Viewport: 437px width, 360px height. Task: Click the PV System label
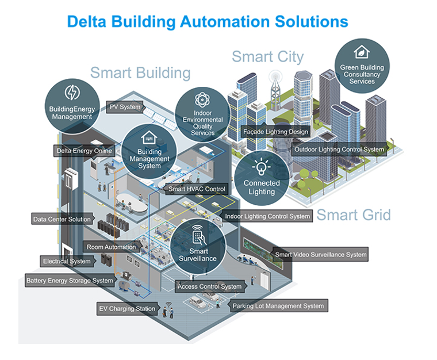click(x=125, y=106)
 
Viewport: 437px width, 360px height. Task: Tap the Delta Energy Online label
click(x=84, y=151)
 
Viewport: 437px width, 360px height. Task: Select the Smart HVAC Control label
click(x=197, y=189)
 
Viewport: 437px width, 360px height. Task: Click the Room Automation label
click(x=112, y=247)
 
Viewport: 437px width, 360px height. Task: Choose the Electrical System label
click(x=67, y=261)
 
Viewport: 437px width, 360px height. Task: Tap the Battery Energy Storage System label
click(x=70, y=281)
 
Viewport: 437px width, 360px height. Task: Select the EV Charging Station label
click(x=127, y=309)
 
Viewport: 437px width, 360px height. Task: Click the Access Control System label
click(x=209, y=286)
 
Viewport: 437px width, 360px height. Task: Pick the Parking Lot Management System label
click(x=278, y=306)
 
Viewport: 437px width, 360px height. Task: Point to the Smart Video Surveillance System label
click(x=320, y=254)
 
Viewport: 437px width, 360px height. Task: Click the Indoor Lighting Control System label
click(x=268, y=216)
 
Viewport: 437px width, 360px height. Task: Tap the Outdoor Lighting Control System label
click(x=339, y=150)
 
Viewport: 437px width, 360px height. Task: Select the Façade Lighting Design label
click(x=275, y=132)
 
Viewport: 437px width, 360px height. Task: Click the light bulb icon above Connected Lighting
click(x=262, y=167)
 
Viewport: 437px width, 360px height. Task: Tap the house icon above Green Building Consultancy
click(x=362, y=52)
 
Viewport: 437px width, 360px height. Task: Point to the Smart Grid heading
click(x=354, y=215)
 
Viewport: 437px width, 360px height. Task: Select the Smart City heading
click(x=267, y=56)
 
